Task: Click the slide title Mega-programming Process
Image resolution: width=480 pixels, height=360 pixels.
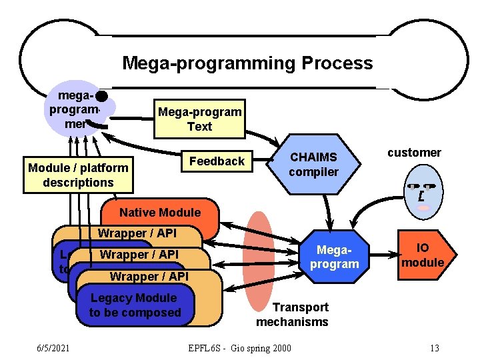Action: (247, 63)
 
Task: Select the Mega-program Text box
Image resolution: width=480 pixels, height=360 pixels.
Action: (199, 119)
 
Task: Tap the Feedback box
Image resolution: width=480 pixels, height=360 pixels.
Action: (217, 161)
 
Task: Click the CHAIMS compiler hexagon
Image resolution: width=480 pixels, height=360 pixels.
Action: (313, 164)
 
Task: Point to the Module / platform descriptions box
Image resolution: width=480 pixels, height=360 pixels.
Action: (78, 175)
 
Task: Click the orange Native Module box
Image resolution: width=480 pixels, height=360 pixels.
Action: (159, 213)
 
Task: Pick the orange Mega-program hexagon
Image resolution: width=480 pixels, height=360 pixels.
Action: (334, 257)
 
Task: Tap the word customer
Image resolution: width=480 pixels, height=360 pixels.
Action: (414, 153)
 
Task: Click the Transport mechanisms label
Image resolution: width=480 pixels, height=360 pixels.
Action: (292, 315)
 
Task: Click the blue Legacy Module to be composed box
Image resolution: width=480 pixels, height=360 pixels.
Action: (135, 305)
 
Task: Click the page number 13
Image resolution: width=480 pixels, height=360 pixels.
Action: (435, 347)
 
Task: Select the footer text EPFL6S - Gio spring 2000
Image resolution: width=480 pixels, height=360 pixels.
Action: (239, 347)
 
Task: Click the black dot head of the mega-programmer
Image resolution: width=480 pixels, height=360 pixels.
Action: (101, 96)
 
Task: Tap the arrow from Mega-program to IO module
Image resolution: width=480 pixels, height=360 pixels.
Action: (383, 255)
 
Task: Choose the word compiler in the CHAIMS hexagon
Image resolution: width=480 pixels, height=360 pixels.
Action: (313, 172)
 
